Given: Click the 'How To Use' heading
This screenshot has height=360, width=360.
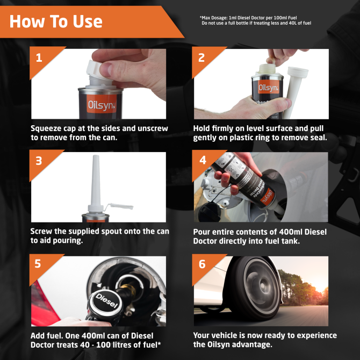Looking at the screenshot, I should point(56,21).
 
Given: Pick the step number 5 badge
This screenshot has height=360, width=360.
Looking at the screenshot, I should point(39,264).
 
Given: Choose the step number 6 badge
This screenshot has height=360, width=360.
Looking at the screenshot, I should point(202,264).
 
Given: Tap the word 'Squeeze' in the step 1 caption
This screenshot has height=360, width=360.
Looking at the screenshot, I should point(48,129).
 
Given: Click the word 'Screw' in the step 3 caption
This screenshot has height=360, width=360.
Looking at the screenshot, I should point(43,232).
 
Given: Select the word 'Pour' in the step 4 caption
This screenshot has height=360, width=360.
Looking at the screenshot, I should point(203,232).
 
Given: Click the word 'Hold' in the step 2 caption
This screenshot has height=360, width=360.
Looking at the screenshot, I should point(203,129).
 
